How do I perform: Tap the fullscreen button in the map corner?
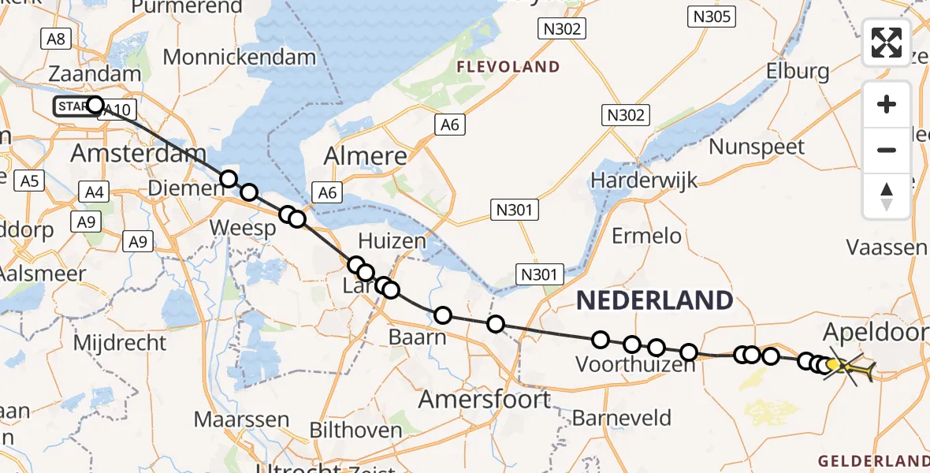[887, 43]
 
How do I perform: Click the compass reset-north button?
[887, 196]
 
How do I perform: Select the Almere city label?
[366, 155]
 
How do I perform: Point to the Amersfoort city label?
[484, 399]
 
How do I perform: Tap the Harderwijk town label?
[644, 181]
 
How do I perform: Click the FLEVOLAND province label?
[509, 67]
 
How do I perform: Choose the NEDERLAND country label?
[654, 300]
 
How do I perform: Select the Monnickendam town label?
[240, 57]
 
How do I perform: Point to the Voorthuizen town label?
[636, 365]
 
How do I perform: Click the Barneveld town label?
[622, 417]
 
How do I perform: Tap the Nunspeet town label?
[756, 147]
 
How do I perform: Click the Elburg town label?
[798, 71]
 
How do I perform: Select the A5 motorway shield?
[29, 181]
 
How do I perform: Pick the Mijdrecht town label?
[119, 343]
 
